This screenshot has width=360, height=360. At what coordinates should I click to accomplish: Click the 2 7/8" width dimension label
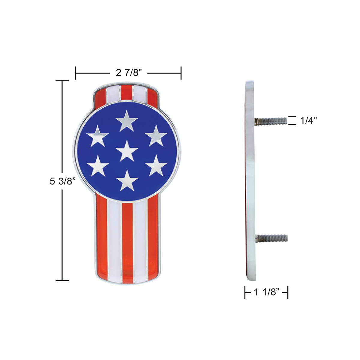[128, 73]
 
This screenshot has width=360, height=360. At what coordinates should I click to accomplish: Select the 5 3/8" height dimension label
[62, 181]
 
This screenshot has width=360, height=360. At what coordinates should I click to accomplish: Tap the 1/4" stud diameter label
[308, 121]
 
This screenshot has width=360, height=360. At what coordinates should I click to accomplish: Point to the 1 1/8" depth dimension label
[267, 292]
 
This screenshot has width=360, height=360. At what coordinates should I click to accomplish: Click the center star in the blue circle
[127, 151]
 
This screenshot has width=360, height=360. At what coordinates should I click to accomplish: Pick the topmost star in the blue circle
[127, 121]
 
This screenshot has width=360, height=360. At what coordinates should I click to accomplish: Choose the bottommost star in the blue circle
[127, 181]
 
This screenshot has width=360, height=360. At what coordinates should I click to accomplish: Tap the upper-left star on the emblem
[97, 136]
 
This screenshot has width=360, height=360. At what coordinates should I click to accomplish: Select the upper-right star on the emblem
[156, 136]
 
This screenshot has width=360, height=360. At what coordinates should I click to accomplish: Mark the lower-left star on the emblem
[97, 165]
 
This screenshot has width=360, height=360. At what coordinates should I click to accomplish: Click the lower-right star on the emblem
[156, 165]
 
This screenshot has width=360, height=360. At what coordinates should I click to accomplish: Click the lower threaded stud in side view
[271, 238]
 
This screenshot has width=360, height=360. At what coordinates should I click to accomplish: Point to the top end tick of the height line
[62, 81]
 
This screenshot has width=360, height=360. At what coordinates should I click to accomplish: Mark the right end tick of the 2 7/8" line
[181, 73]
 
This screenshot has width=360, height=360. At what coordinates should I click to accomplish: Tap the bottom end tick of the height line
[62, 280]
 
